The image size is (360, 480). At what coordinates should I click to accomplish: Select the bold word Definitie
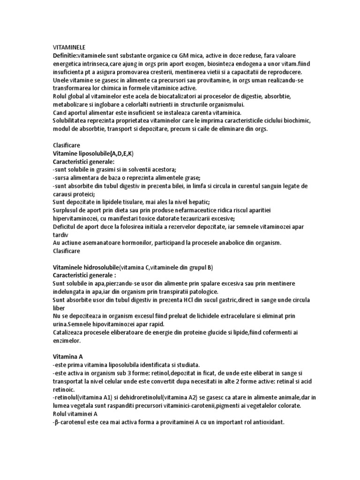point(66,56)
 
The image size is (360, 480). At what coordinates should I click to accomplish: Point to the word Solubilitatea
point(72,121)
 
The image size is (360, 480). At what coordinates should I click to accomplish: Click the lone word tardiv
point(60,235)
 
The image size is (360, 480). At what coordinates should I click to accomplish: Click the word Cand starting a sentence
point(60,113)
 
